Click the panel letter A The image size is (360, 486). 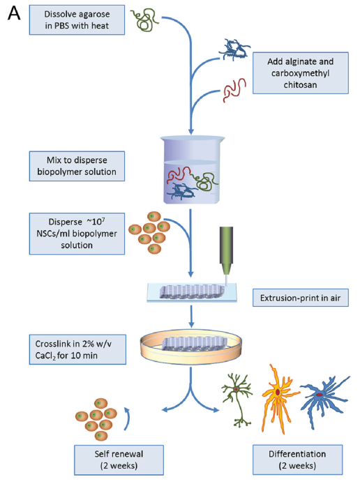point(14,14)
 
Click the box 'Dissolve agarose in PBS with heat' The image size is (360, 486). point(77,20)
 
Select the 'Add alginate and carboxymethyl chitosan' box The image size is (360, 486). point(301,73)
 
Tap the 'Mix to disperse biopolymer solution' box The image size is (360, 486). point(77,166)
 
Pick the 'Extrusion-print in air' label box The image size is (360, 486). point(301,298)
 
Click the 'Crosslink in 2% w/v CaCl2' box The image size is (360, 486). point(77,349)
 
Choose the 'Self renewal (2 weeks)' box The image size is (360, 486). point(119,460)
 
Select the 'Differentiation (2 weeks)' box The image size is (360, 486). point(297,460)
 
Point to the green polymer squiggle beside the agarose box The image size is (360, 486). point(144,20)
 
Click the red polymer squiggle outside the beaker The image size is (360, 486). point(234,90)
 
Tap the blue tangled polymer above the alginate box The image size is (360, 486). point(234,49)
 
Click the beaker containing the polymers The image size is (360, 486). point(192,170)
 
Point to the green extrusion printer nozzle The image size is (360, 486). point(226,251)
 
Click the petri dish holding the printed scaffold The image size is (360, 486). point(191,347)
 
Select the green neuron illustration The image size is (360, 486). point(237,400)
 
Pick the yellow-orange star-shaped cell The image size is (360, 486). point(278,398)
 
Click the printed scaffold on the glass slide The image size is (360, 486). point(192,292)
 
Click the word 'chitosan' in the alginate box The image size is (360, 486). point(300,84)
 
